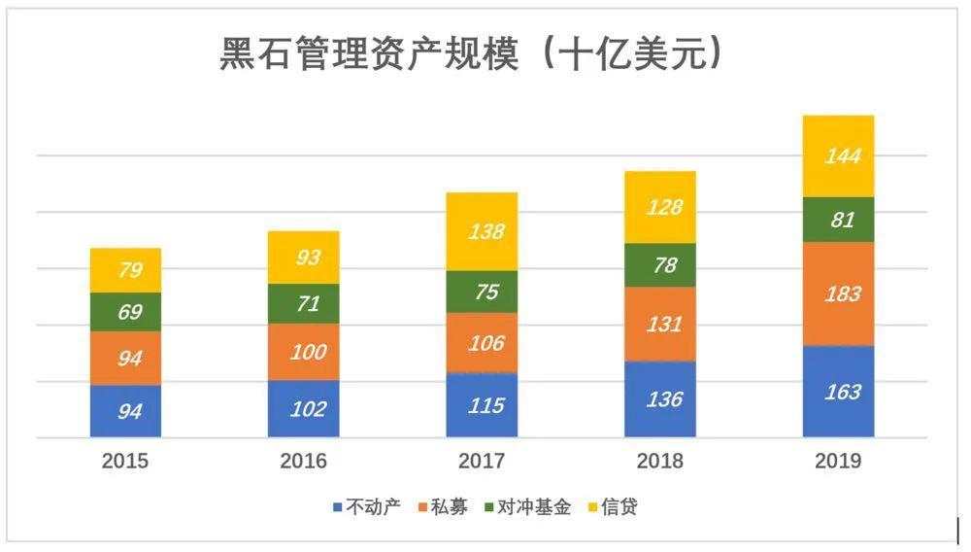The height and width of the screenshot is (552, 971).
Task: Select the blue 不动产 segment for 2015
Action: point(125,411)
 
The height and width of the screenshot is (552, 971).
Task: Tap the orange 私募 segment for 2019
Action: point(839,293)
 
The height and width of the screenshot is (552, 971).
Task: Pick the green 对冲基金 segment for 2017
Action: point(482,292)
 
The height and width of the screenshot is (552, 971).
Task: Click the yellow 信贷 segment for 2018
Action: point(660,207)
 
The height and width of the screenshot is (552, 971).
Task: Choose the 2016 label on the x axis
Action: point(303,461)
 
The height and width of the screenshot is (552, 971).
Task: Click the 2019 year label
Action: point(838,461)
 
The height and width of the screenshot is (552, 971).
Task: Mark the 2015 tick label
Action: point(125,461)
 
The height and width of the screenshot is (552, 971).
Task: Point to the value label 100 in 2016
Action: point(306,352)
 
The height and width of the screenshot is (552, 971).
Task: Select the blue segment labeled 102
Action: point(304,409)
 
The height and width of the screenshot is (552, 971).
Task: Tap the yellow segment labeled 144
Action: point(839,155)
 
